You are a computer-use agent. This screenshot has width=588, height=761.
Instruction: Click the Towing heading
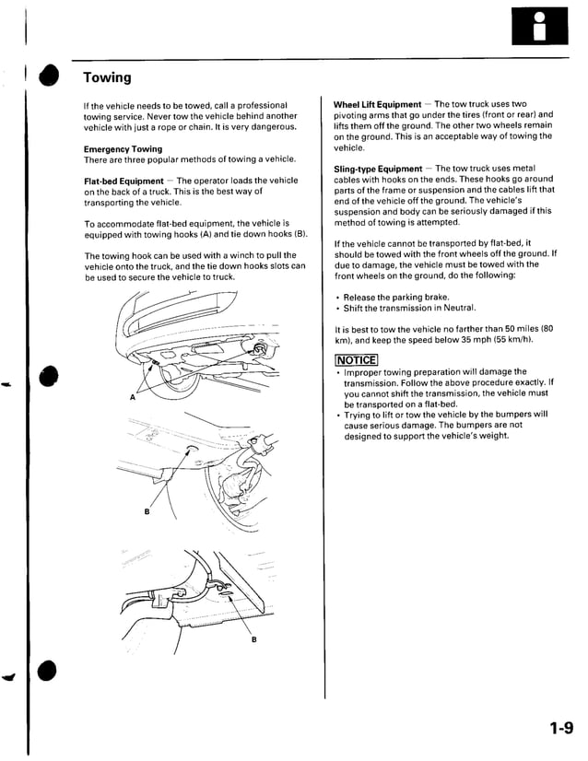click(107, 77)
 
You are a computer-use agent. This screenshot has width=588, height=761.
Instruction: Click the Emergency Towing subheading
click(123, 149)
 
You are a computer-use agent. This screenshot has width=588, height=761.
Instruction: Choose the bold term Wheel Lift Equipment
click(377, 104)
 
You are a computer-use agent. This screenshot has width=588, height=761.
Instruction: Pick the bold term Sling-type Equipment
click(378, 169)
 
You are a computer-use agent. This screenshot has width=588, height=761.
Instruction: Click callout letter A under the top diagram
click(132, 398)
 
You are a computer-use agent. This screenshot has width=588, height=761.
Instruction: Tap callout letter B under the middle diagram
click(147, 513)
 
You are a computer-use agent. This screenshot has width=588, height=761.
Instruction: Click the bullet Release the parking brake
click(396, 297)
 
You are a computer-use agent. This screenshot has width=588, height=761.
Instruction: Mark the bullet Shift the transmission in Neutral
click(409, 308)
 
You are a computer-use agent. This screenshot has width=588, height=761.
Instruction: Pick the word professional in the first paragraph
click(260, 105)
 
